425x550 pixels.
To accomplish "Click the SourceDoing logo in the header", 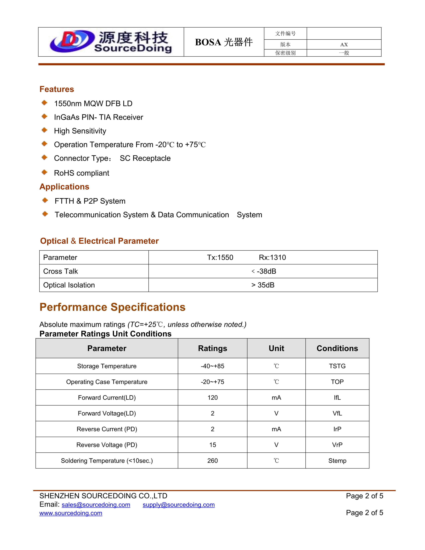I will pos(111,42).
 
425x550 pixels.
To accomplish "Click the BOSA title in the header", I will pos(223,42).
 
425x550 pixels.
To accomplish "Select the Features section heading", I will pos(57,89).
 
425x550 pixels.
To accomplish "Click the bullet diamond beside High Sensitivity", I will pos(44,130).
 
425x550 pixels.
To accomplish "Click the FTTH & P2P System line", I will pos(90,201).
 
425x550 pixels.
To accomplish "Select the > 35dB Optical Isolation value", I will pos(263,285).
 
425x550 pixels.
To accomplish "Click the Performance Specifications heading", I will pos(112,307).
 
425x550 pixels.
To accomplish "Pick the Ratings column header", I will pos(212,348).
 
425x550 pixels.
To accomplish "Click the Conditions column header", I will pos(337,348).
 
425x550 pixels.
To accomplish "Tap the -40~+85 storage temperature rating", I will pos(212,366).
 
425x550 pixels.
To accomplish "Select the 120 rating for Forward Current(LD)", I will pos(212,398).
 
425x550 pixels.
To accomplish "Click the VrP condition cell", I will pos(337,445).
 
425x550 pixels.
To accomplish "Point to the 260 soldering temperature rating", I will pos(212,461).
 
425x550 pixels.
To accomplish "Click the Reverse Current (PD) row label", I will pos(107,429).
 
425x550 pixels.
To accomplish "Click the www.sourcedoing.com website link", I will pos(71,513).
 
